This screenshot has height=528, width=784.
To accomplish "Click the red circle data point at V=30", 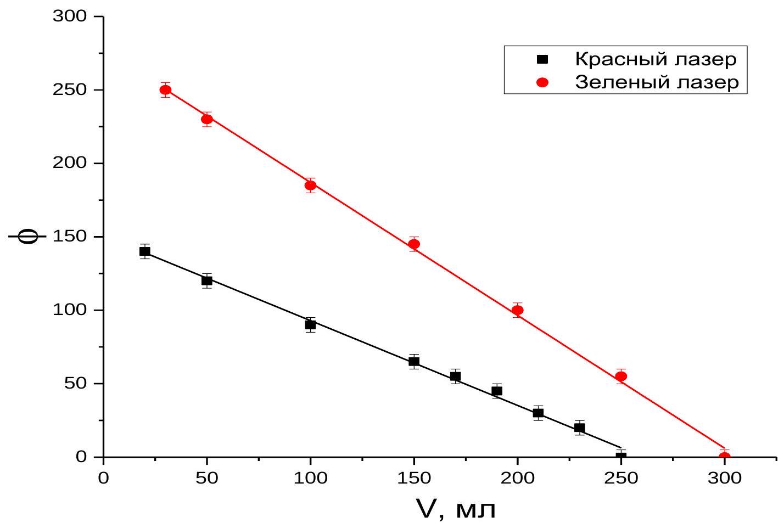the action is click(166, 90).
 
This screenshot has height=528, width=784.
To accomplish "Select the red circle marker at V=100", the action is click(310, 185).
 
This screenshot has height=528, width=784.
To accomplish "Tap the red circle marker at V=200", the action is click(518, 310).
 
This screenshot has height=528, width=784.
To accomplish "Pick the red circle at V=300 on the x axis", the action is click(725, 456).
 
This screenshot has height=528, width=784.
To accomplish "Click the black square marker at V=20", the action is click(144, 251).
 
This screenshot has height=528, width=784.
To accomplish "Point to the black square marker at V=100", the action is click(310, 325).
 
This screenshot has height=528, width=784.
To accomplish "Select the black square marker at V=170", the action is click(455, 376).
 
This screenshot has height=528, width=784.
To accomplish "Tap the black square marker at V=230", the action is click(580, 428).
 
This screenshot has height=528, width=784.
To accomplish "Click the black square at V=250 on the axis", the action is click(621, 456).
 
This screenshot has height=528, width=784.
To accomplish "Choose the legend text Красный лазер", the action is click(656, 59).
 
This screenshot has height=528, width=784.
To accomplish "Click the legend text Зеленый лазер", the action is click(657, 82).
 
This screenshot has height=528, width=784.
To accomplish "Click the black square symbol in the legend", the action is click(542, 59).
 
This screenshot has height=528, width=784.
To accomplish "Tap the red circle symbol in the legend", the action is click(542, 82).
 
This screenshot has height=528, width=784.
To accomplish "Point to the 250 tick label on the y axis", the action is click(69, 90).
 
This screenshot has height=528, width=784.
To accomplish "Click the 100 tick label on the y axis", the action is click(69, 310).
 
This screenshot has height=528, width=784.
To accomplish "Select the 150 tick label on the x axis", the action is click(414, 478).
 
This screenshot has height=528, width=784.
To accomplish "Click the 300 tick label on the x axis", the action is click(725, 478).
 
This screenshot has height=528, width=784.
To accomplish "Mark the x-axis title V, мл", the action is click(456, 509).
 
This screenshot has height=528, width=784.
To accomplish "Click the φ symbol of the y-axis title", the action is click(27, 237).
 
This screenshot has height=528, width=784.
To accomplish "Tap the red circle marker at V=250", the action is click(621, 376).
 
